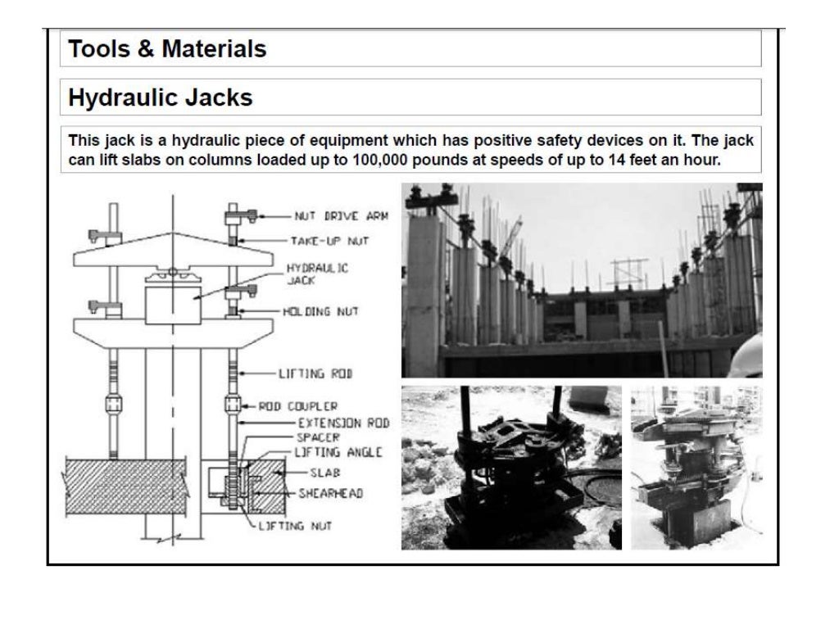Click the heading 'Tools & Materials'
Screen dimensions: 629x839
(167, 49)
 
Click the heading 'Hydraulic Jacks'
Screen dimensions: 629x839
(160, 98)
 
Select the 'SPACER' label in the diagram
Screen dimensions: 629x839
(312, 438)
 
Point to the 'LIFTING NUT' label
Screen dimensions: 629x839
(297, 526)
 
